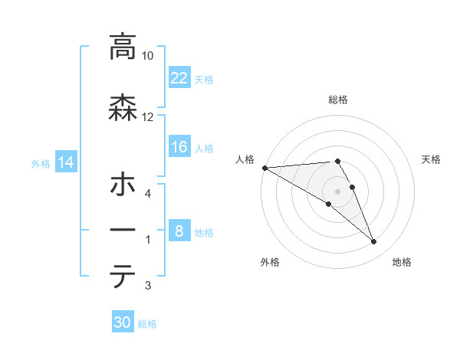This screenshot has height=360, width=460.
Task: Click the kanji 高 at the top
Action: click(x=122, y=47)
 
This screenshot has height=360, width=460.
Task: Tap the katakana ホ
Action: click(x=122, y=186)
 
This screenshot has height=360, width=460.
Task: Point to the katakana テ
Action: click(x=122, y=277)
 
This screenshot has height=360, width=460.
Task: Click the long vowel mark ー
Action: click(x=122, y=230)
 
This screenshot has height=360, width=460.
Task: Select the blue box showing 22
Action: click(x=179, y=77)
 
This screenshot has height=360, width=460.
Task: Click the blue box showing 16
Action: click(x=179, y=147)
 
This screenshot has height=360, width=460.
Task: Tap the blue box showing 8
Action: click(x=179, y=231)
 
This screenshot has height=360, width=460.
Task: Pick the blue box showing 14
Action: click(x=66, y=162)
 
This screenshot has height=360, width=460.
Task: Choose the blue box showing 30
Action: click(x=123, y=322)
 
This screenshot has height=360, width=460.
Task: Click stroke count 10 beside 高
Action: click(x=148, y=57)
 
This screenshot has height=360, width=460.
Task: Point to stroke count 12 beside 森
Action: click(x=148, y=116)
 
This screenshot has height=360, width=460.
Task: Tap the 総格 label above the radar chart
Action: click(x=338, y=100)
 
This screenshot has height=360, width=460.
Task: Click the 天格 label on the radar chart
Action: click(x=432, y=159)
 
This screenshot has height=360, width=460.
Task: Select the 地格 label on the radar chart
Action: click(x=402, y=262)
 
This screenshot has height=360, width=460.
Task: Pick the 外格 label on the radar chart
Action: click(x=270, y=262)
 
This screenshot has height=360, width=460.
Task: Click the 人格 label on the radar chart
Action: click(x=245, y=159)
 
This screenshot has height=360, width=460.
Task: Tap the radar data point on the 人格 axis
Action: click(x=264, y=168)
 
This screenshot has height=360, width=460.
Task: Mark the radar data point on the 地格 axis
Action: click(x=374, y=242)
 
